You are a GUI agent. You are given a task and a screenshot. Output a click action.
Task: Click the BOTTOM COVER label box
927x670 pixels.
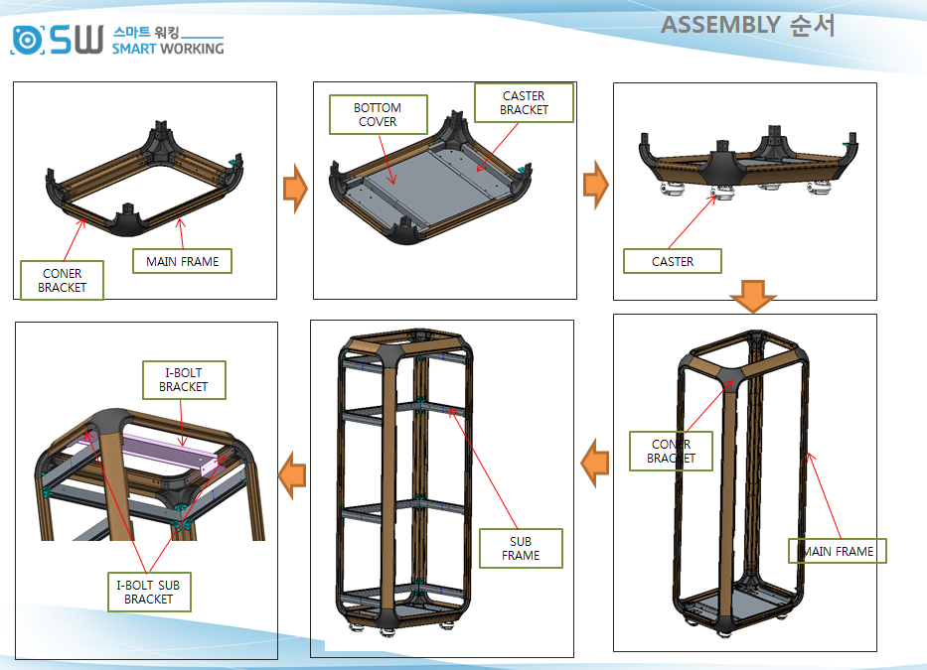pyautogui.click(x=378, y=115)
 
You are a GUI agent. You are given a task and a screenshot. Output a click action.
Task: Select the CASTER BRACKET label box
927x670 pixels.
pyautogui.click(x=524, y=103)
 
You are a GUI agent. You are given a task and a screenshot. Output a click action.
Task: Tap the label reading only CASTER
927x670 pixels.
pyautogui.click(x=673, y=261)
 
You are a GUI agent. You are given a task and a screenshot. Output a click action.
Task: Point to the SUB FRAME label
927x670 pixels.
pyautogui.click(x=521, y=548)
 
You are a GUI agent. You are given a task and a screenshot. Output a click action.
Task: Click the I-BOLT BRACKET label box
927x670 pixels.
pyautogui.click(x=184, y=379)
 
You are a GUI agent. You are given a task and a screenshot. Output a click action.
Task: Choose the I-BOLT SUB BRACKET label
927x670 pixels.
pyautogui.click(x=148, y=592)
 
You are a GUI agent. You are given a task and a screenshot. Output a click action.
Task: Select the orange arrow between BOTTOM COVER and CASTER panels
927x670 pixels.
pyautogui.click(x=595, y=187)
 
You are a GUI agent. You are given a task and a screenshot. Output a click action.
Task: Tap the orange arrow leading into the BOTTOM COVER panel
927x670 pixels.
pyautogui.click(x=295, y=187)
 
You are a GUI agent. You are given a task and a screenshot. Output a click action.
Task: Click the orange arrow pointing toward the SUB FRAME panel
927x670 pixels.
pyautogui.click(x=594, y=464)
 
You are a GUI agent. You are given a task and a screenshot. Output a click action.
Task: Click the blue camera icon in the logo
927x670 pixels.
pyautogui.click(x=28, y=40)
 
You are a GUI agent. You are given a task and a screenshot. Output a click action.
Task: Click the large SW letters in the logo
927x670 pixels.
pyautogui.click(x=77, y=40)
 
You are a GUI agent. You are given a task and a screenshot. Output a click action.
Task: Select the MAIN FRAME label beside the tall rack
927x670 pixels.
pyautogui.click(x=838, y=551)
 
